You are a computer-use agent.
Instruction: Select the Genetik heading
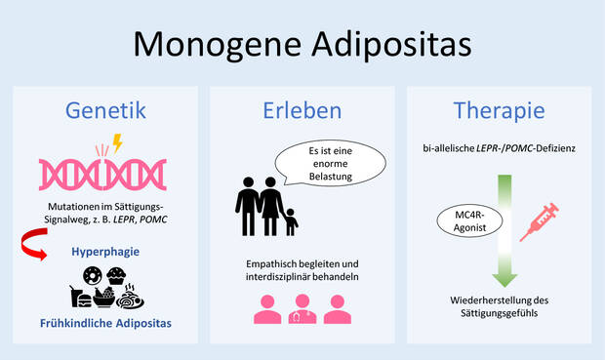click(105, 109)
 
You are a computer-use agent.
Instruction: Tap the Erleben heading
click(302, 109)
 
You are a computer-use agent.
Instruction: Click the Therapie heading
click(498, 109)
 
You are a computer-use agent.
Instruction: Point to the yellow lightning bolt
click(119, 144)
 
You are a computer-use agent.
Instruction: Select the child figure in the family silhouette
click(290, 221)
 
